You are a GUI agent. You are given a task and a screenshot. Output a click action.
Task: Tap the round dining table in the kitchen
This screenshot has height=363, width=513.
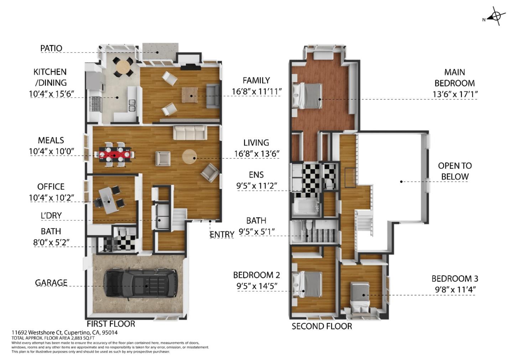pos(123,67)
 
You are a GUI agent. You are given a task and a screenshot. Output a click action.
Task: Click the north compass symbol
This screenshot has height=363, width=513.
pos(496,16)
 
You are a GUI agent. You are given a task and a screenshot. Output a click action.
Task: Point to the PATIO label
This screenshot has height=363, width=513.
pos(51,48)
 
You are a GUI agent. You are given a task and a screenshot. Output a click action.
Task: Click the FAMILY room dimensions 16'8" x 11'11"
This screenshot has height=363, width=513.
pos(256,92)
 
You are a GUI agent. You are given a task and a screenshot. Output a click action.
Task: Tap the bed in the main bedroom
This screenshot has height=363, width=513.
pos(308,95)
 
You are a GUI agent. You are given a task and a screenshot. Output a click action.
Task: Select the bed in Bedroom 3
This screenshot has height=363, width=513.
pos(360,295)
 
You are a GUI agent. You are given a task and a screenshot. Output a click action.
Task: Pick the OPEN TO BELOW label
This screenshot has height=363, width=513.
pos(455,171)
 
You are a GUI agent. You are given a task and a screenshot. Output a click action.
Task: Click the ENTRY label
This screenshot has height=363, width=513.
pos(222,234)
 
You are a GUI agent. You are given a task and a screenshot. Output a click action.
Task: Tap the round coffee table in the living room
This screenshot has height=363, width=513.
pos(189,157)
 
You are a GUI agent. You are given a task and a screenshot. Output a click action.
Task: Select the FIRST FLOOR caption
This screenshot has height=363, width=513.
pos(111,324)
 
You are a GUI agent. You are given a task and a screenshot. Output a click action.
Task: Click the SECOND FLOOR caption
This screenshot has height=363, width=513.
pos(322,326)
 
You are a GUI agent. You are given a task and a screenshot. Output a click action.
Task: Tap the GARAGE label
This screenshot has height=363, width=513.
pos(51,282)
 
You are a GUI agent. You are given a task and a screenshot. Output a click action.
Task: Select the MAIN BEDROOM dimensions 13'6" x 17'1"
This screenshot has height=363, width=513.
pos(455,94)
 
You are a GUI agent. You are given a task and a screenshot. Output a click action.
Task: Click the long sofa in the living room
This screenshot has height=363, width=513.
pos(189,133)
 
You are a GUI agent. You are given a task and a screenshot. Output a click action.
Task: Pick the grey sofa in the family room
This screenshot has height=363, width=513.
pos(213,96)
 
